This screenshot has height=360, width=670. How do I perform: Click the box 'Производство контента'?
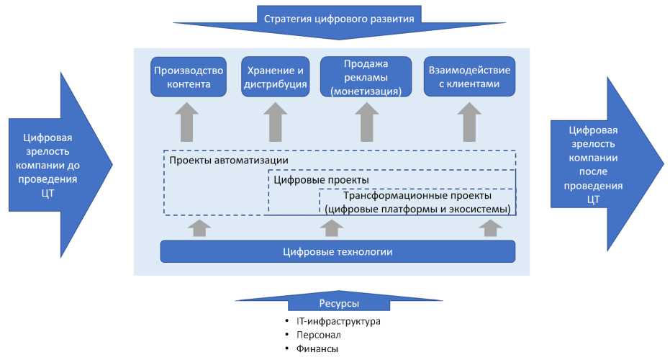pos(187,77)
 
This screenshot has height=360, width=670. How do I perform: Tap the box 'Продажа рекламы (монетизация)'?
pos(366,77)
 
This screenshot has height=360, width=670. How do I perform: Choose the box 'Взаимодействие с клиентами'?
pos(469,77)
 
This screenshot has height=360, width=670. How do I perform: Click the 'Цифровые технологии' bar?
pos(338,251)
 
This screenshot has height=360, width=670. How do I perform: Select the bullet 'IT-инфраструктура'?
pos(338,320)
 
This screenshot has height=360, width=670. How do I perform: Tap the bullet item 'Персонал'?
pos(318,335)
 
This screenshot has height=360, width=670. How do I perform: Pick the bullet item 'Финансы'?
pos(317,348)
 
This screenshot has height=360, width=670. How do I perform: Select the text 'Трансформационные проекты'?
pos(417,195)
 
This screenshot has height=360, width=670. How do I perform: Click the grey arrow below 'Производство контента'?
pos(188,122)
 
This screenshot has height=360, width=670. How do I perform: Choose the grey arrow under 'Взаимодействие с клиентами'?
pos(469,122)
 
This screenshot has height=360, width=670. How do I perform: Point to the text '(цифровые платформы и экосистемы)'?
pos(417,209)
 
